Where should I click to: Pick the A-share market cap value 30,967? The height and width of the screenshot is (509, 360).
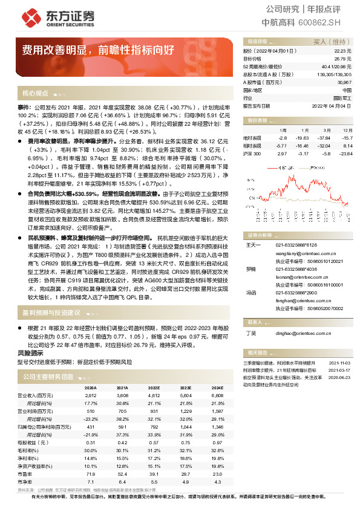(342, 81)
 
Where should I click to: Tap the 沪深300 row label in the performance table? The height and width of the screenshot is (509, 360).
(252, 154)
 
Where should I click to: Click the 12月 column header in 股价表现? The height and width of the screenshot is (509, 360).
(347, 130)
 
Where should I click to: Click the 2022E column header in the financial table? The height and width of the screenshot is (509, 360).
(154, 387)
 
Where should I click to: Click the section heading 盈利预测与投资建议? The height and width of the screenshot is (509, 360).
(51, 313)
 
